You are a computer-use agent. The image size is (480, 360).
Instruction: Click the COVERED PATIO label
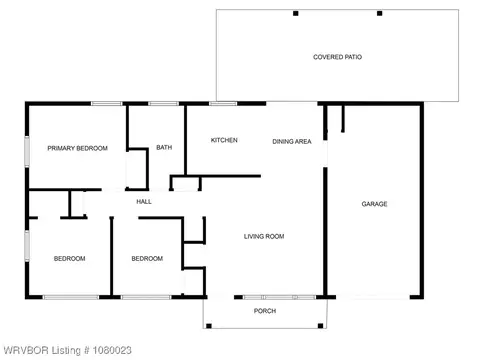tap(337, 57)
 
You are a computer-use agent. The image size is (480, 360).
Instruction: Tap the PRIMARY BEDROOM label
tap(77, 148)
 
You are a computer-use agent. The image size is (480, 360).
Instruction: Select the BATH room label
tap(164, 147)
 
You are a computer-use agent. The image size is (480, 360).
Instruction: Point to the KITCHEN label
tap(224, 140)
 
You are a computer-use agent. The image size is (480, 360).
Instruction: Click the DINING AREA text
tap(292, 142)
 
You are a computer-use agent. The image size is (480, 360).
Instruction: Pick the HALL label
tap(144, 202)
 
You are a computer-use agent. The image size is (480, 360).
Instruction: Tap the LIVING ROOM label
tap(264, 237)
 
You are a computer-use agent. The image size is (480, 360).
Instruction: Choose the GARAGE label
tap(374, 204)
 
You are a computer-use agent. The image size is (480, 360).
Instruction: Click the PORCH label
tap(265, 311)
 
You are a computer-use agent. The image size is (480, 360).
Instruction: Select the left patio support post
tap(296, 13)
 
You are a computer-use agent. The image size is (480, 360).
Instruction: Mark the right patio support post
tap(379, 13)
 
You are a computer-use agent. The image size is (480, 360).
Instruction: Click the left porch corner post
tap(209, 326)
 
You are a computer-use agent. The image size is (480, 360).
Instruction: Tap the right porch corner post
tap(320, 326)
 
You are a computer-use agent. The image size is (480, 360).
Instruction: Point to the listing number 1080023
tap(112, 350)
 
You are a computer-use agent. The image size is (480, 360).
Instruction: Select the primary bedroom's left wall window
tap(27, 151)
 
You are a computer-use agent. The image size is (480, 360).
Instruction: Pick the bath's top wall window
tap(163, 104)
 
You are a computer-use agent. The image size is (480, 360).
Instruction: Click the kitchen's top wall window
tap(223, 104)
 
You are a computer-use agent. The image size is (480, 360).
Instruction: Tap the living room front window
tap(279, 297)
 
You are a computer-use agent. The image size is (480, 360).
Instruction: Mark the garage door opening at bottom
tap(373, 297)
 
